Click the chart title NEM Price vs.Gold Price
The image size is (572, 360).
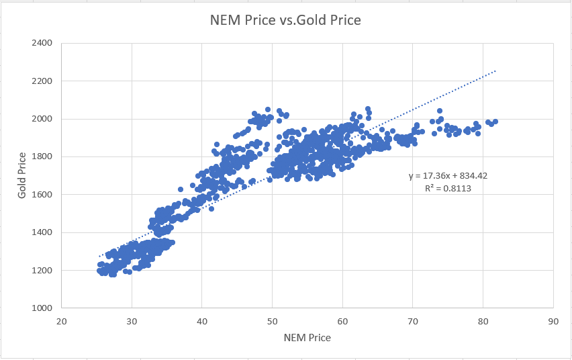point(285,20)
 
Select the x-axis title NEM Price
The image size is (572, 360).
point(307,337)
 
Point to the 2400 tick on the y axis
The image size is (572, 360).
point(42,43)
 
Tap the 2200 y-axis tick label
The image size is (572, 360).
point(42,81)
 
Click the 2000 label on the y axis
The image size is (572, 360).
point(42,119)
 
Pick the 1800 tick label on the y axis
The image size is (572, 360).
point(42,157)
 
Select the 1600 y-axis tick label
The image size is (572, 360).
point(42,195)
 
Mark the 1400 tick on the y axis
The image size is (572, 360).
point(42,233)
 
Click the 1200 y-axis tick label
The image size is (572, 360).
point(42,271)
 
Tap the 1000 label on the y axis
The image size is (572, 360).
point(42,308)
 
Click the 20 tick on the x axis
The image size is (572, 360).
point(61,320)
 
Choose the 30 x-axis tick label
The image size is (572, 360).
point(132,320)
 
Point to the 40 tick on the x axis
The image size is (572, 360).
point(201,320)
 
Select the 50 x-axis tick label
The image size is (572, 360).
point(272,320)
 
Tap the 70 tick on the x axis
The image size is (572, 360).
point(412,320)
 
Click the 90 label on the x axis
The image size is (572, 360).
point(553,320)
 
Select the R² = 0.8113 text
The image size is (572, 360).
point(447,189)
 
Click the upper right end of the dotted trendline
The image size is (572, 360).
point(496,70)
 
